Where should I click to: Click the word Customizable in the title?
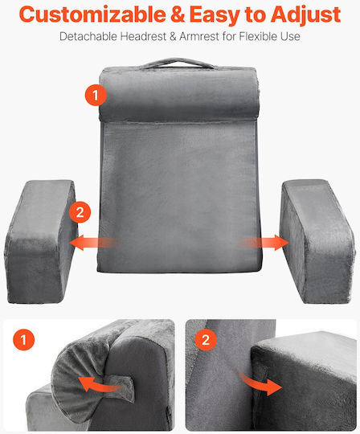point(92,14)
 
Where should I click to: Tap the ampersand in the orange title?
point(178,15)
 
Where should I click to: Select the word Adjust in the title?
point(306,15)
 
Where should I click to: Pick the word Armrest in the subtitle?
point(199,36)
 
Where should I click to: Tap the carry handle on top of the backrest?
point(177,63)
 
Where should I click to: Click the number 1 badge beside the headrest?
point(96,95)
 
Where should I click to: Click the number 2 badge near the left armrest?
point(80,212)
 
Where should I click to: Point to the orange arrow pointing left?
point(95,243)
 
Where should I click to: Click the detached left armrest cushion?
point(41,241)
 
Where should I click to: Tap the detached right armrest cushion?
point(317,241)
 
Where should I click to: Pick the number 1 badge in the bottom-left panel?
point(24,339)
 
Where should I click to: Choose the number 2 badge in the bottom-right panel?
point(206,339)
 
